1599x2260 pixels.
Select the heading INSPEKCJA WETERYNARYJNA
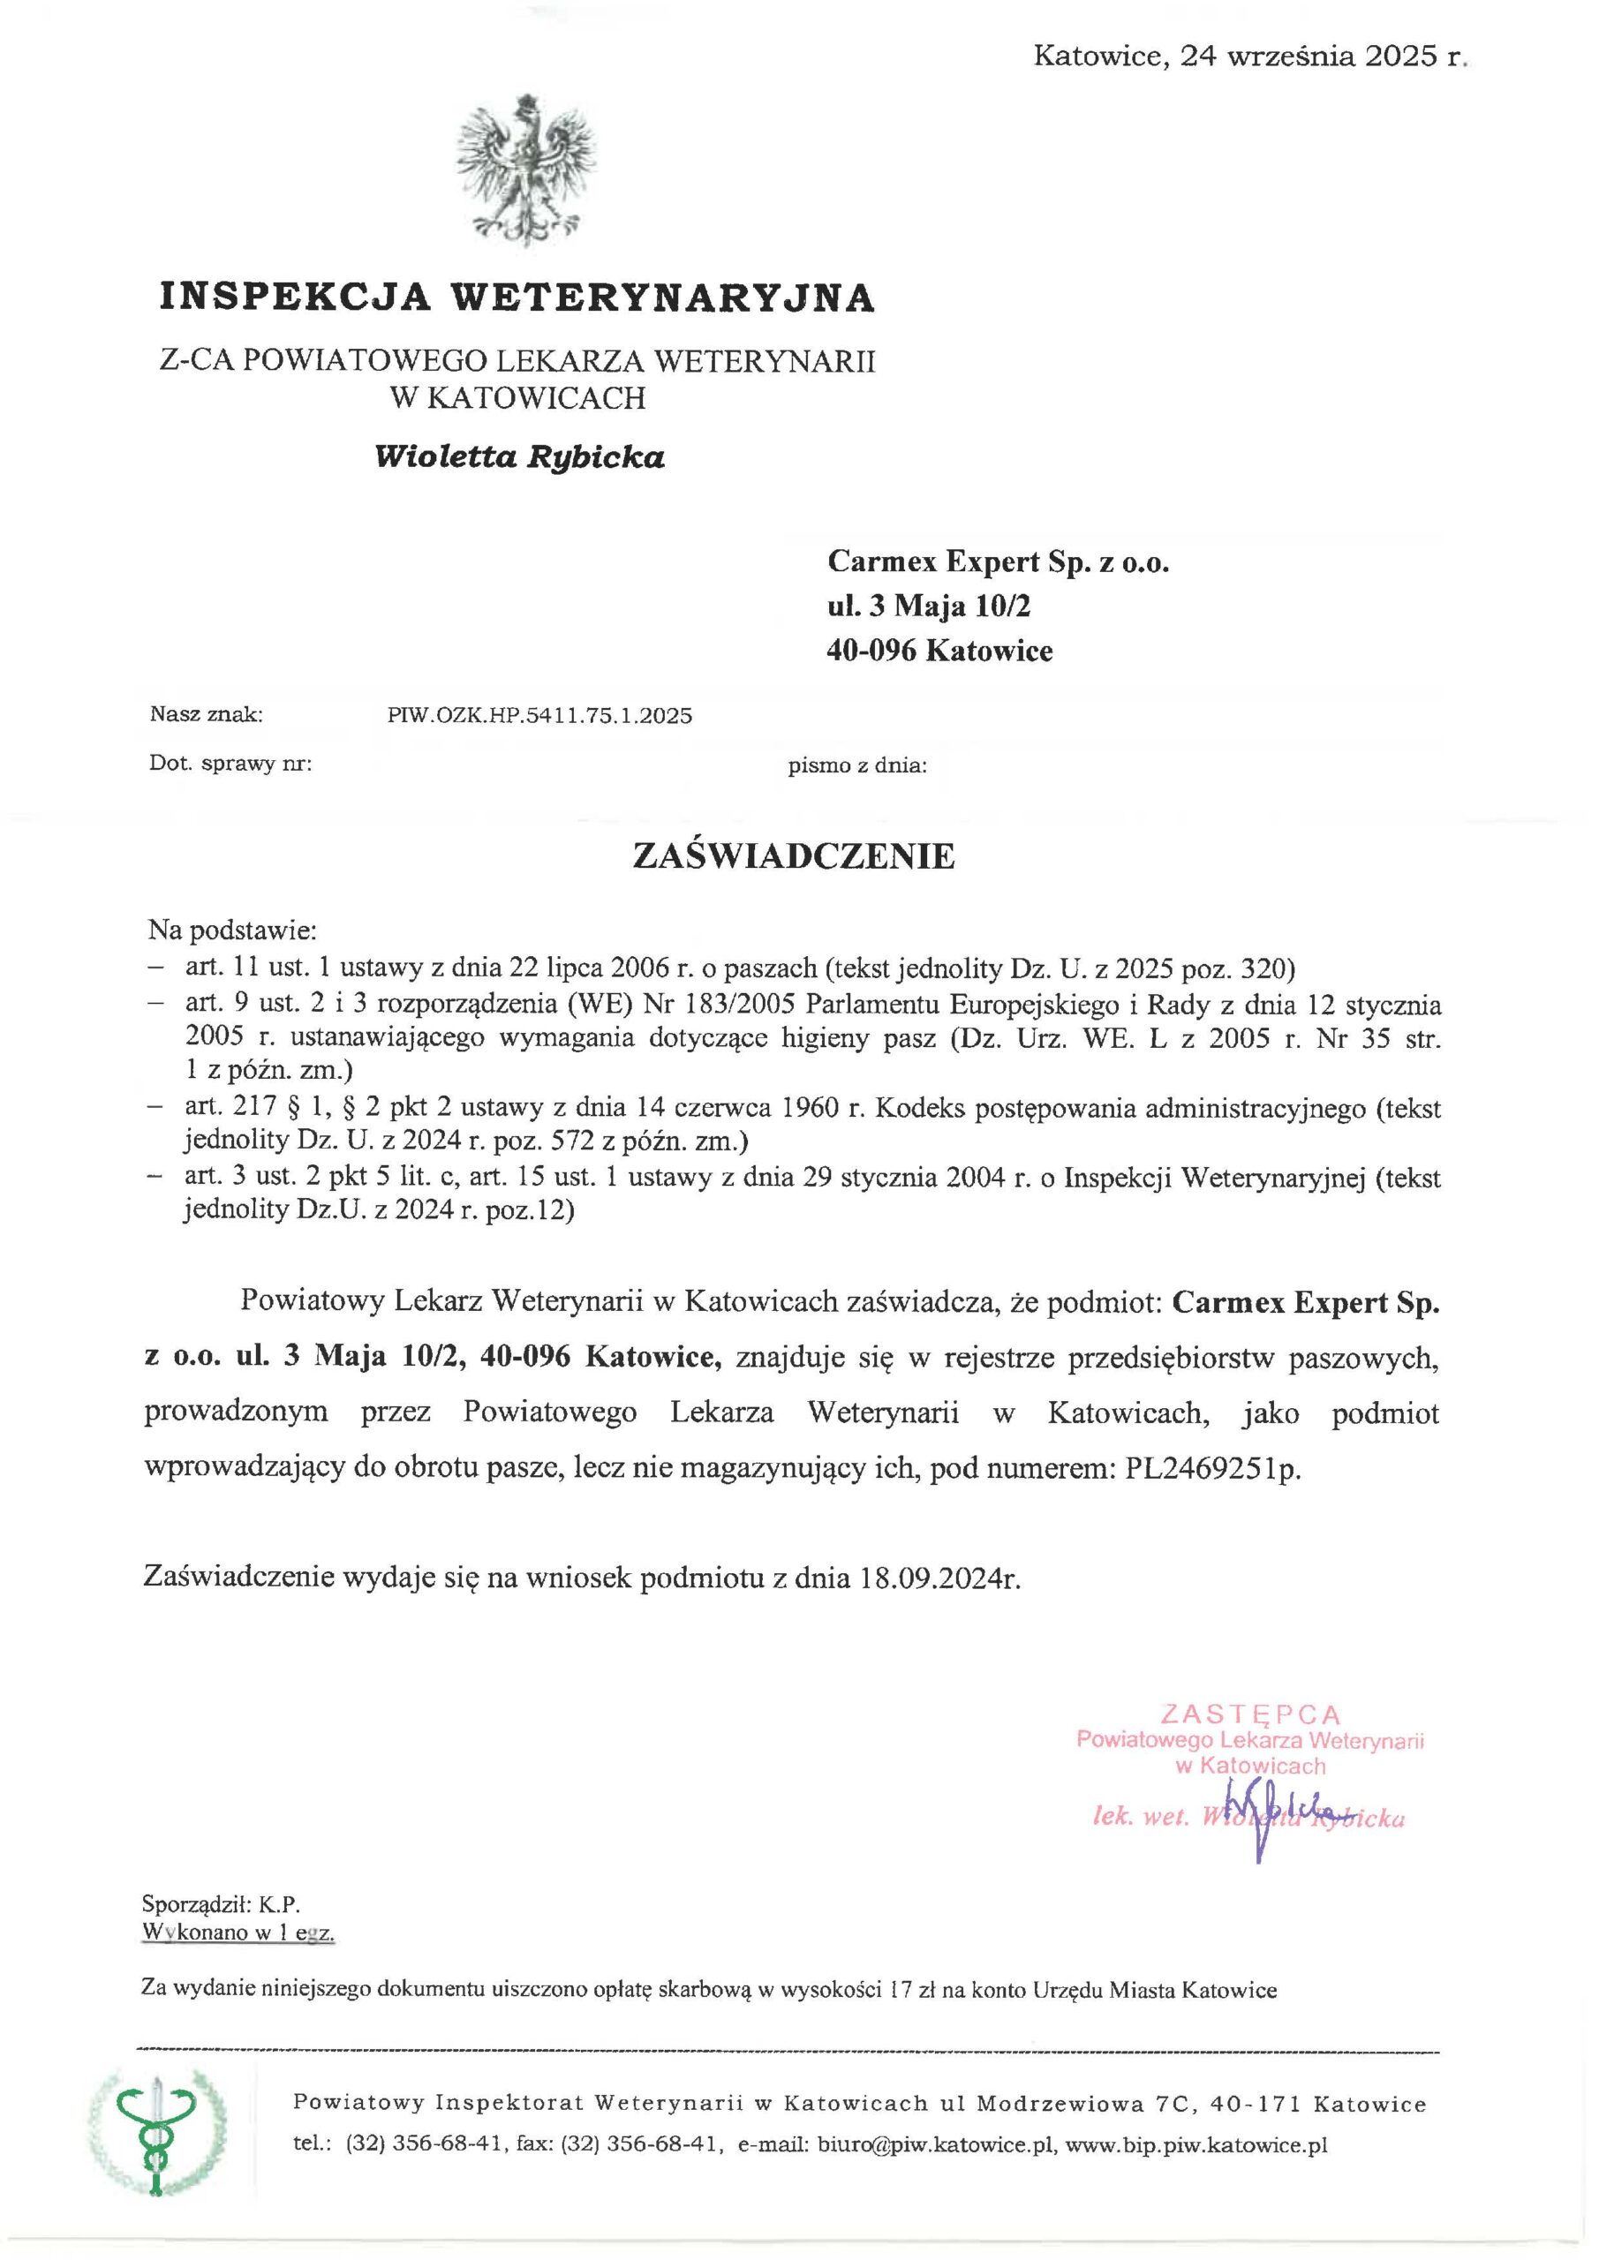[x=517, y=297]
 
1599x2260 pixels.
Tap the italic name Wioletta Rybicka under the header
[x=519, y=456]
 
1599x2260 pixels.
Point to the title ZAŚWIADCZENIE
[x=793, y=855]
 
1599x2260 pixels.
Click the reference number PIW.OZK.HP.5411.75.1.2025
[x=539, y=716]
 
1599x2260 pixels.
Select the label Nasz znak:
[x=206, y=714]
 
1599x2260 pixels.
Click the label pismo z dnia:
[x=856, y=765]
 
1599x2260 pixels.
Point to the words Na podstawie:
[x=231, y=930]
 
